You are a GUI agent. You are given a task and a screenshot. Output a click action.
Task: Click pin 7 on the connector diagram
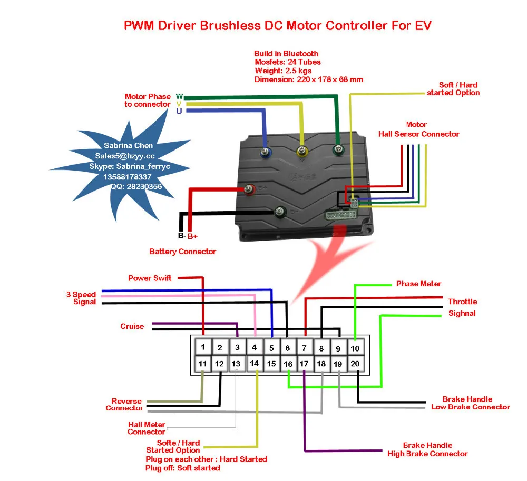pos(305,347)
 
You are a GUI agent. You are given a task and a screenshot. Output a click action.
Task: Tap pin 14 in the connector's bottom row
pos(254,363)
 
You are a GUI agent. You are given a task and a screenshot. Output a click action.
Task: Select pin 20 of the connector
pos(355,363)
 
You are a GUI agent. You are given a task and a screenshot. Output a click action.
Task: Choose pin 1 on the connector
pos(203,347)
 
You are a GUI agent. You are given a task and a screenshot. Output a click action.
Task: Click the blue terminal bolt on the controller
pos(265,153)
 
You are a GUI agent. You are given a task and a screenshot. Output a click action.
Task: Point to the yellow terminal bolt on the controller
pos(302,152)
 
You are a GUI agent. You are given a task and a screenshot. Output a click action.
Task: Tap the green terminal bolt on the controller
pos(338,149)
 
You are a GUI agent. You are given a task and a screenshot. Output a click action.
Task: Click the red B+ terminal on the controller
pos(249,190)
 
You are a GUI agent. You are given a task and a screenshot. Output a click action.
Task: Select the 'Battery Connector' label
pos(182,252)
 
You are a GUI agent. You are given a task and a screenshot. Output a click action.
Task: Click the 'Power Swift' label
pos(150,278)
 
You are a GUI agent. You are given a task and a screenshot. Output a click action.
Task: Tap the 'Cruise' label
pos(132,326)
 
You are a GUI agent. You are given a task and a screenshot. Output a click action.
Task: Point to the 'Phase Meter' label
pos(418,284)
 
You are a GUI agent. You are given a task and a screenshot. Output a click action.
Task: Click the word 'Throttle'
pos(463,302)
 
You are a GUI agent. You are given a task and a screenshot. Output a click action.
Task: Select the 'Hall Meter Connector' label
pos(146,428)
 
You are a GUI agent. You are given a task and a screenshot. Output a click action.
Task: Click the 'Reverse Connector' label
pos(124,405)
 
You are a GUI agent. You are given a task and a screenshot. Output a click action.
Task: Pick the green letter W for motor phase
pos(180,97)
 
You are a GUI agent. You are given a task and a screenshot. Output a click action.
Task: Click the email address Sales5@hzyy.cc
pos(125,156)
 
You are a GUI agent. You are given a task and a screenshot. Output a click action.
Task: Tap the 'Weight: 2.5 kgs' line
pos(283,71)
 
